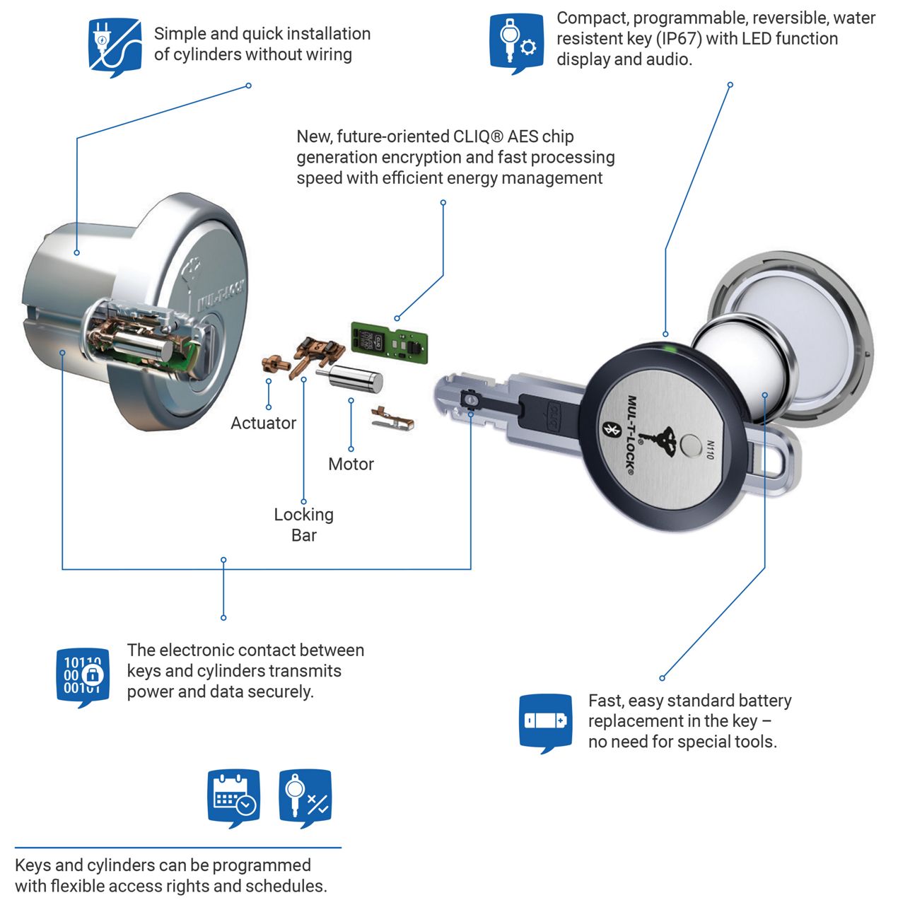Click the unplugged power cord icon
click(x=115, y=46)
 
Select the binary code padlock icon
click(x=83, y=676)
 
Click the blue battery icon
click(x=545, y=720)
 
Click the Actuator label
click(x=263, y=423)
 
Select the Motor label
click(x=351, y=464)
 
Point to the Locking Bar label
click(x=303, y=524)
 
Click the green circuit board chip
click(x=390, y=341)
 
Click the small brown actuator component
click(x=274, y=364)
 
